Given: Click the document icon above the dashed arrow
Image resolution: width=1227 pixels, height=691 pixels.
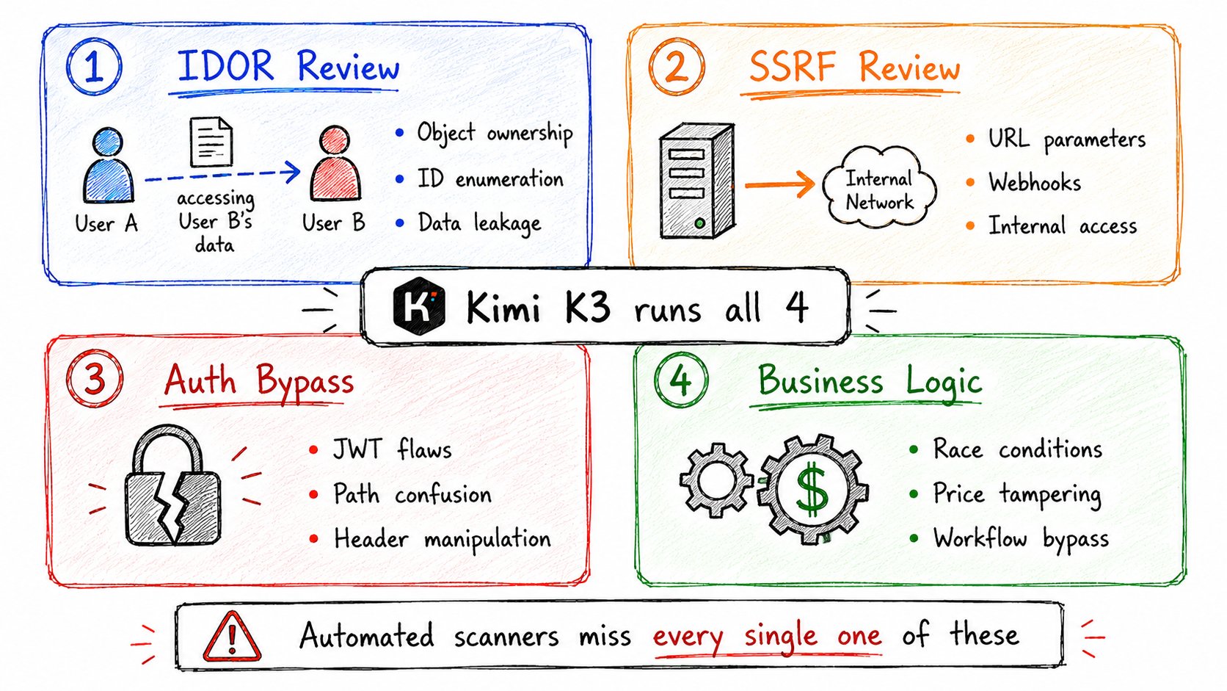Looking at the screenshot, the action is (211, 142).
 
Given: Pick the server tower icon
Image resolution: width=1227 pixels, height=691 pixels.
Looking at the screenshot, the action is (696, 181).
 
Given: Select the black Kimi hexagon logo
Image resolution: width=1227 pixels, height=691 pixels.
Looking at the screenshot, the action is (419, 305).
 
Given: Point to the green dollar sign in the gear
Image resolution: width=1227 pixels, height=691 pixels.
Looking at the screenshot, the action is (812, 489).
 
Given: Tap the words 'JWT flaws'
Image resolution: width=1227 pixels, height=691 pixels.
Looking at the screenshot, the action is (392, 449).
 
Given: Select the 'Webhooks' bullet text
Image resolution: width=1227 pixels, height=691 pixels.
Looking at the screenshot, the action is (1035, 182).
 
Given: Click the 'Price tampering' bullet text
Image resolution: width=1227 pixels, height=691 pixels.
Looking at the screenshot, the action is (1017, 494).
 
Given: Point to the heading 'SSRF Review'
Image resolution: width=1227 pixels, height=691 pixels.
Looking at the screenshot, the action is (854, 67).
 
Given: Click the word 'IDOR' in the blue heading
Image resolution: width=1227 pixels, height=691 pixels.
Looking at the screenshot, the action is (226, 66).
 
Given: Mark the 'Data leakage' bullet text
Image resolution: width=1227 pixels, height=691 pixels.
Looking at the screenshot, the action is (479, 223).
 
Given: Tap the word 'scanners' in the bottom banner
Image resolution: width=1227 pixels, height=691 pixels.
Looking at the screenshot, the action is (506, 637).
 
